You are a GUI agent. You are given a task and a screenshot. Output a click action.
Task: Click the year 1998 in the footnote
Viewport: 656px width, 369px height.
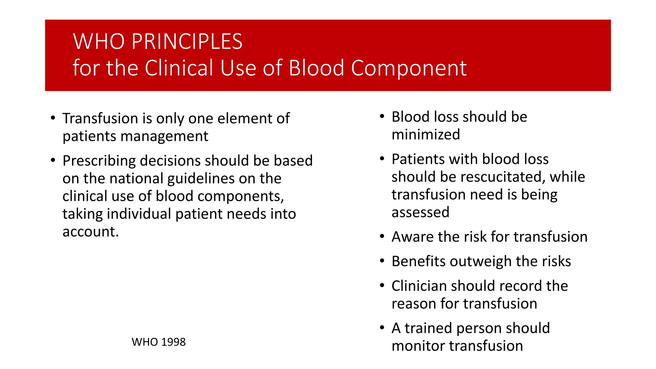click(x=173, y=342)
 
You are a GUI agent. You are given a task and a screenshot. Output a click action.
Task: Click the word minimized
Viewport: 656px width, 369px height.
click(x=426, y=135)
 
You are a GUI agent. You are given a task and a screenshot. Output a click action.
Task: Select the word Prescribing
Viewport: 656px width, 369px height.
click(x=99, y=161)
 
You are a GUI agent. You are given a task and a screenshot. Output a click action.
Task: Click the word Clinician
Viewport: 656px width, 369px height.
click(x=419, y=286)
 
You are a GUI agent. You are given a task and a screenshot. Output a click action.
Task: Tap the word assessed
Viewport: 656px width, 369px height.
click(x=420, y=212)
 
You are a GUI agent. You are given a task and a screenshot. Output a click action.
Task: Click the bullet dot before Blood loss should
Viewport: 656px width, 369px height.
click(x=382, y=117)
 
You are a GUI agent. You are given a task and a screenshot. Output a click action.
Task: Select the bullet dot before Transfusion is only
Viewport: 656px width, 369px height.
click(x=53, y=118)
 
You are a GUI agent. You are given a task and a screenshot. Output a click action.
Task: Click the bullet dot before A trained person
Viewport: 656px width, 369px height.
click(x=382, y=328)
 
